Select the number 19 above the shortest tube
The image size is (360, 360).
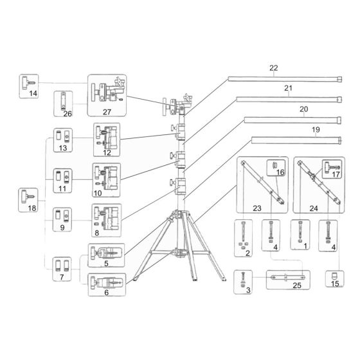tap(315, 130)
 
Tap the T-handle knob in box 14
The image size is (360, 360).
tap(29, 82)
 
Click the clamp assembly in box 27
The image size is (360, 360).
tap(106, 92)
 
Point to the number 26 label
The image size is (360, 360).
tap(67, 114)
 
